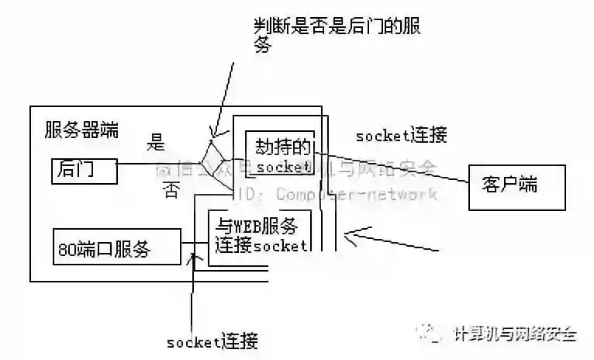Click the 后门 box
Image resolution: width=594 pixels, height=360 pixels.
coord(84,170)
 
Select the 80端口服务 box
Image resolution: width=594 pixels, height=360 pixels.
coord(113,248)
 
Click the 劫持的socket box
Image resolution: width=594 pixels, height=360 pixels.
coord(280,153)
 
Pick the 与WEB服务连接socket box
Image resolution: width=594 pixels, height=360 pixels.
coord(258,235)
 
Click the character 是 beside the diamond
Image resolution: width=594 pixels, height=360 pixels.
coord(157,142)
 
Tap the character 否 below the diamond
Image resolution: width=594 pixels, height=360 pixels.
coord(171,191)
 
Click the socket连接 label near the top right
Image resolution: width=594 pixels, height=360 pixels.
coord(401,136)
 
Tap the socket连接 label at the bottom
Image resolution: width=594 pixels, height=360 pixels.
coord(212,341)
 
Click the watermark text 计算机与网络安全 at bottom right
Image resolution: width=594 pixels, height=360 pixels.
coord(514,334)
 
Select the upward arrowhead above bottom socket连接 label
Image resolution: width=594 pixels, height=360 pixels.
coord(193,257)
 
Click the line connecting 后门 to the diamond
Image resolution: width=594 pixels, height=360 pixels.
coord(159,164)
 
